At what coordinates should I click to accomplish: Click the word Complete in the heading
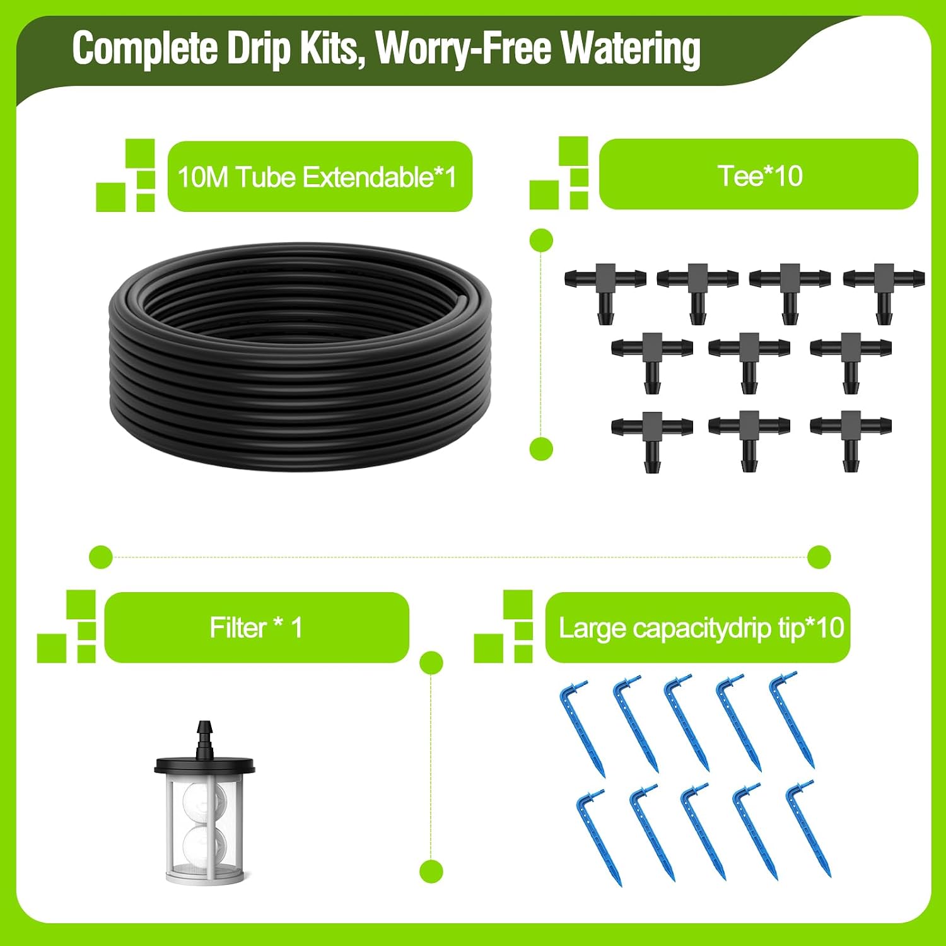[x=145, y=49]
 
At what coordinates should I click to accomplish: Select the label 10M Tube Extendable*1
[x=317, y=177]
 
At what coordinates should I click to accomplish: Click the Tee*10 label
[x=760, y=176]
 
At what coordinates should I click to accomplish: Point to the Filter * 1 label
[x=256, y=628]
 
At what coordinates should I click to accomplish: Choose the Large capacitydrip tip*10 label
[x=701, y=628]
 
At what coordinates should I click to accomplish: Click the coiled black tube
[x=300, y=356]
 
